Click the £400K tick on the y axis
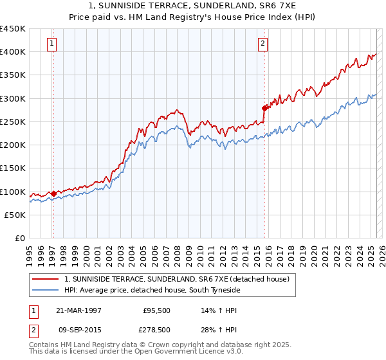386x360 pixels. click(13, 52)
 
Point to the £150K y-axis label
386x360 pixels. click(13, 168)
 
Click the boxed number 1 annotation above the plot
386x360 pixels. click(51, 44)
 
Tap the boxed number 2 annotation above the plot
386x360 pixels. click(263, 44)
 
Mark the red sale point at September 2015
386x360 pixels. click(264, 108)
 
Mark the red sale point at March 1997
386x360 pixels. click(53, 193)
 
